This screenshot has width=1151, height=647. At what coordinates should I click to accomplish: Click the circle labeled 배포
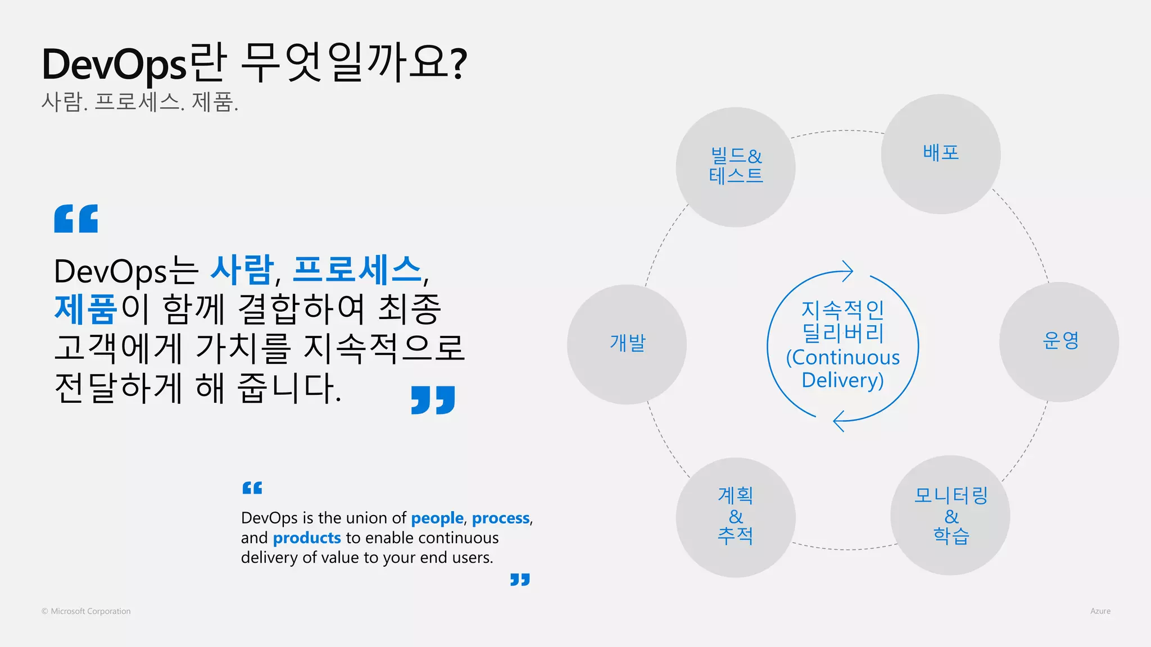pos(940,154)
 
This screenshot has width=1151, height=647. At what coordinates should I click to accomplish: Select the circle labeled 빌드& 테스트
pos(735,167)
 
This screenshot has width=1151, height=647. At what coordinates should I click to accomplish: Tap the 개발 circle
pos(627,344)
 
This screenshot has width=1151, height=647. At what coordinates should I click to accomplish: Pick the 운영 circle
pos(1059,341)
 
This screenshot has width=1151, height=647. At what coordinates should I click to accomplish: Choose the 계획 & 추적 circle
pos(735,517)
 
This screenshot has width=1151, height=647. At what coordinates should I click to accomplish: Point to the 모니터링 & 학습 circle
pos(950,515)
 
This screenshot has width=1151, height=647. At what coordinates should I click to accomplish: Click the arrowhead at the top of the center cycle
pos(847,271)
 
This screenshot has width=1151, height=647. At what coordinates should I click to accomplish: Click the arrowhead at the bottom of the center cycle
pos(839,421)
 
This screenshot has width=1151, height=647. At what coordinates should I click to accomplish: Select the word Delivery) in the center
pos(842,380)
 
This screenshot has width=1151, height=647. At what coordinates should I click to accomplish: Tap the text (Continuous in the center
pos(842,357)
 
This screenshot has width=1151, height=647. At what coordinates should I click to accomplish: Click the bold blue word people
pos(437,518)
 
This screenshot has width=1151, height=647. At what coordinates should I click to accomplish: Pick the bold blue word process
pos(500,518)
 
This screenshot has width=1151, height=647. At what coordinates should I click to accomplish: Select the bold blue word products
pos(306,538)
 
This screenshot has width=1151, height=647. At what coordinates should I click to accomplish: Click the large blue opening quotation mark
pos(76,218)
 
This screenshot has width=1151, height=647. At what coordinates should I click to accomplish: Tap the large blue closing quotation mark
pos(433,399)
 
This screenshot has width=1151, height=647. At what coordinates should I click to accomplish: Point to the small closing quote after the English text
pos(520,579)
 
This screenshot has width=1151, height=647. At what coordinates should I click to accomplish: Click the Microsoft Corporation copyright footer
pos(86,611)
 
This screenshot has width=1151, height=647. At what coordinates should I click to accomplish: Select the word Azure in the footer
pos(1100,611)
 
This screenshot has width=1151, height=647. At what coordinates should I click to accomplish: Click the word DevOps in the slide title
pos(114,64)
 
